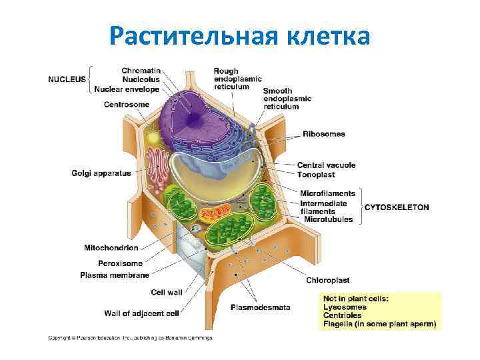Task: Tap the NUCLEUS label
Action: tap(67, 79)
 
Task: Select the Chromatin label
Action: tap(141, 69)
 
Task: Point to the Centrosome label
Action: tap(127, 104)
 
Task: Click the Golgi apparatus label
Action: tap(101, 173)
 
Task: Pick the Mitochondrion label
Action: tap(111, 248)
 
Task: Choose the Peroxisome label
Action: tap(120, 263)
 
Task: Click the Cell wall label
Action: tap(166, 291)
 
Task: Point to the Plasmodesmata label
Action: tap(260, 307)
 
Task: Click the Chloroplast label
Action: tap(327, 280)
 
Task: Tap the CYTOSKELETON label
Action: tap(396, 207)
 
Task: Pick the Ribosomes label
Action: tap(324, 134)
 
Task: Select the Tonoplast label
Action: tap(317, 174)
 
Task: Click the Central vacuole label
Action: tap(326, 165)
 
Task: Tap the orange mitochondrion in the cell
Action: tap(213, 214)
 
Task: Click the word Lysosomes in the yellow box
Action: tap(345, 307)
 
